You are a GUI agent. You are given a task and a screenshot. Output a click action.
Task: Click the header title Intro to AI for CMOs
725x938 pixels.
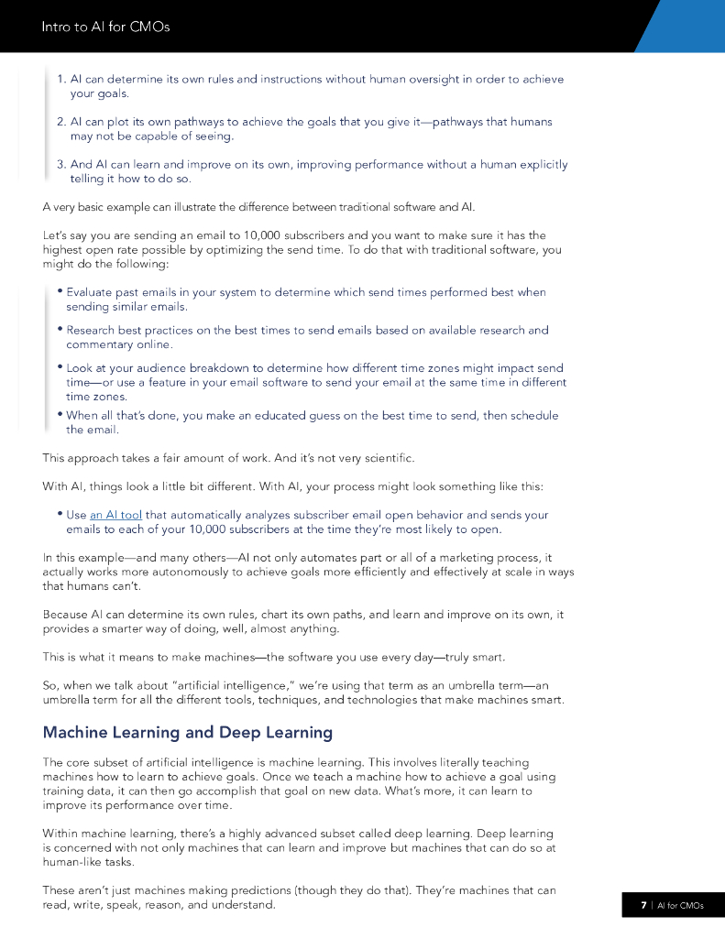105,27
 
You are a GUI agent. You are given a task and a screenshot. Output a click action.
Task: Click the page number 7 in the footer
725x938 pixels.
643,905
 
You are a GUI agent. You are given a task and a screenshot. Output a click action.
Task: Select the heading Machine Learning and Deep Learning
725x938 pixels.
187,732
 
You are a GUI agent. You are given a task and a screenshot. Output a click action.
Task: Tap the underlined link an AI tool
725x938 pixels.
115,515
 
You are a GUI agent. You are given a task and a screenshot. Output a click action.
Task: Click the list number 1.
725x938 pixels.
60,79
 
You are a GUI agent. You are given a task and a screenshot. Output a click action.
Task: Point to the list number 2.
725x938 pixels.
60,121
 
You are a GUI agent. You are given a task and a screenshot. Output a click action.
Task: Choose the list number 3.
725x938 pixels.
60,164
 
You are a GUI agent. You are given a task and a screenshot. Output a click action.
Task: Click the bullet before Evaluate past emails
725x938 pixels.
59,291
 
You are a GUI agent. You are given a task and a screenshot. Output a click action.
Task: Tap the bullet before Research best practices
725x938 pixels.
59,329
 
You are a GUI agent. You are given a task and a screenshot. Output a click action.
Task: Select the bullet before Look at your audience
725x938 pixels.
59,367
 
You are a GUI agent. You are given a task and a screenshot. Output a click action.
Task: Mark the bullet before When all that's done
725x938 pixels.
59,414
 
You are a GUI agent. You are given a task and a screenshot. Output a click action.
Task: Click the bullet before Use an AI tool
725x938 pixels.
59,514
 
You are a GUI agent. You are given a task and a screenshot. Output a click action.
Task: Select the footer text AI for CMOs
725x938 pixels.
681,905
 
